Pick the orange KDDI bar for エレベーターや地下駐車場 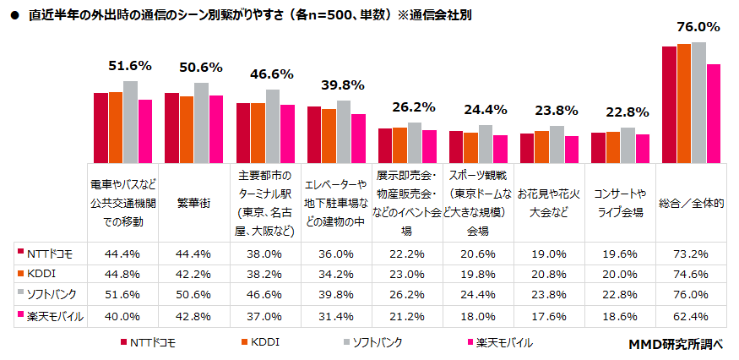tap(329, 135)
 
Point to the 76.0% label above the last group tap(698, 27)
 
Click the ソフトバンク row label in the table tap(51, 295)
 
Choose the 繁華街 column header tap(193, 203)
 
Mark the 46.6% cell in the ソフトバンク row tap(265, 295)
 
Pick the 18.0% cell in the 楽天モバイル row tap(478, 316)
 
